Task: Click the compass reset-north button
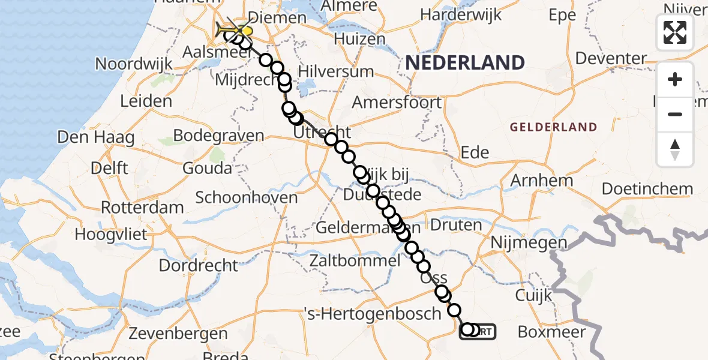coord(675,149)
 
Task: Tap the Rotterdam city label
coord(142,208)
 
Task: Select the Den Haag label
coord(95,137)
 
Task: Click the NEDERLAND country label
coord(465,62)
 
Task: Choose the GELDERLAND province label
coord(553,127)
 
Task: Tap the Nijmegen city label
coord(528,243)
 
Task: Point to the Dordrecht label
coord(199,265)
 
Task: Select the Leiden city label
coord(146,101)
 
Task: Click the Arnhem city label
coord(541,180)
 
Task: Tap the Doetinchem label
coord(647,188)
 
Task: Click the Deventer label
coord(611,59)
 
